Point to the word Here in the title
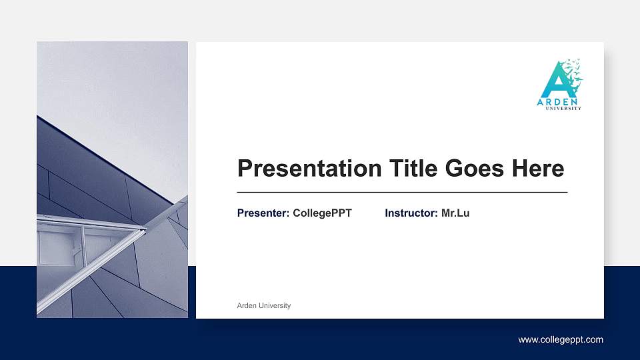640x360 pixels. (x=538, y=169)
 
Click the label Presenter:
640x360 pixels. (x=263, y=213)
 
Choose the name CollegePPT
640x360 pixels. (x=322, y=213)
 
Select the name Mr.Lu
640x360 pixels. (x=455, y=213)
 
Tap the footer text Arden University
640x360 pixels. (x=264, y=305)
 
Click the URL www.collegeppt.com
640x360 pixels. (x=561, y=340)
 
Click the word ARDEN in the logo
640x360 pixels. (x=559, y=102)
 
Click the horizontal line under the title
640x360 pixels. (x=402, y=192)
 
